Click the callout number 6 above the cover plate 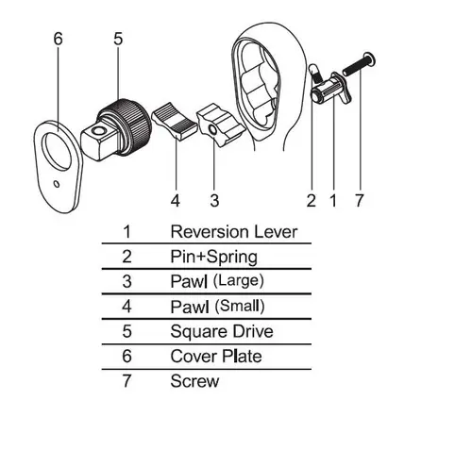click(x=59, y=39)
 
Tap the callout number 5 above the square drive click(x=118, y=39)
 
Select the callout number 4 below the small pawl click(x=176, y=200)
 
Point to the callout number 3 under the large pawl click(x=214, y=200)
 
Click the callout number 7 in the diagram click(x=360, y=200)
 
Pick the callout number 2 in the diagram click(x=312, y=200)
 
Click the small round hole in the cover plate click(x=57, y=184)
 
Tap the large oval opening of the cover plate click(x=58, y=152)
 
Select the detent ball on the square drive click(x=99, y=131)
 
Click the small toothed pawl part click(x=175, y=121)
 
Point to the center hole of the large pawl click(x=212, y=129)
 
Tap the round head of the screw click(x=369, y=59)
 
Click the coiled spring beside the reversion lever click(x=315, y=75)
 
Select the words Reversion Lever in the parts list click(x=234, y=232)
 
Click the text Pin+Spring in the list click(x=214, y=257)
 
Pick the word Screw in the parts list click(x=194, y=381)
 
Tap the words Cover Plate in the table click(x=216, y=357)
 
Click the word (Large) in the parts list click(x=238, y=280)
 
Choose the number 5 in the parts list click(x=126, y=331)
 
